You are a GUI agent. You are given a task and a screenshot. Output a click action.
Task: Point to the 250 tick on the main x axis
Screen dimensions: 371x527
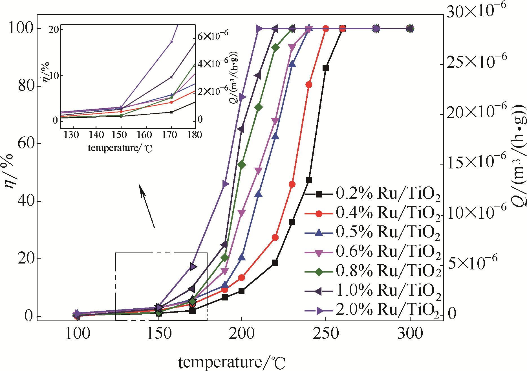[x=326, y=334]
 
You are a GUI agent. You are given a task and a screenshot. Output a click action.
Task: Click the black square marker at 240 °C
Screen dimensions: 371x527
[x=309, y=180]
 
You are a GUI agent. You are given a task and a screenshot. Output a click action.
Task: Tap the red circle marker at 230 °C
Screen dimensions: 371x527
[x=292, y=184]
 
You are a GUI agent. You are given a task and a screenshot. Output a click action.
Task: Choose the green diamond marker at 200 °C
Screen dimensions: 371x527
[x=242, y=165]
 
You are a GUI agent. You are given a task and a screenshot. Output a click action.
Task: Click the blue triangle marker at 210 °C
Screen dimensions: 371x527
[x=258, y=194]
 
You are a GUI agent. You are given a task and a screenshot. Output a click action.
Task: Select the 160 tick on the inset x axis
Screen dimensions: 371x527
[x=144, y=135]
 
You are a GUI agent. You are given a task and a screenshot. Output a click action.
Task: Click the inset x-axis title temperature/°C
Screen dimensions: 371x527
[x=120, y=148]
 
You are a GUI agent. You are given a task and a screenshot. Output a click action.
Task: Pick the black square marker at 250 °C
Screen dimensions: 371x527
[x=326, y=68]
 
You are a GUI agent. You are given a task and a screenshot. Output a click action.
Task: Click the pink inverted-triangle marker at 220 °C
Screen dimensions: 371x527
[x=275, y=121]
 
